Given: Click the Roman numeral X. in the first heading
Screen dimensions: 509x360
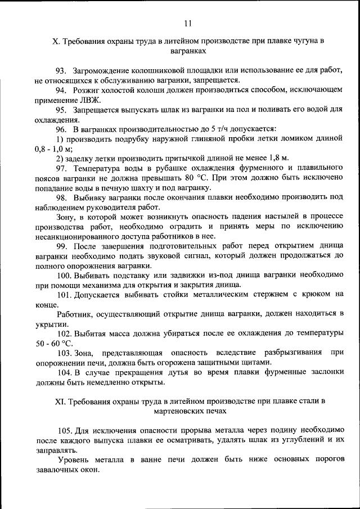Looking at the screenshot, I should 55,41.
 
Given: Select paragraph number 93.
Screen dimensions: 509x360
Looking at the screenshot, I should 61,71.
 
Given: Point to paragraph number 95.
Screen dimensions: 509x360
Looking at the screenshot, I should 61,110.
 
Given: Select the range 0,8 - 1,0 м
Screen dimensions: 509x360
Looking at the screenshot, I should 54,148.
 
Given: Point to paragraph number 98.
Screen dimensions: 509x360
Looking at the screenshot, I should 61,197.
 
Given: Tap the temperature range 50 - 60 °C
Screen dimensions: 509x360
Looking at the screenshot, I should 55,343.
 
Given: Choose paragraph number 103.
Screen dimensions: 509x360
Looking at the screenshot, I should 64,353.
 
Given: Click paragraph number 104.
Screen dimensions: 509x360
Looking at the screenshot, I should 64,372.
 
